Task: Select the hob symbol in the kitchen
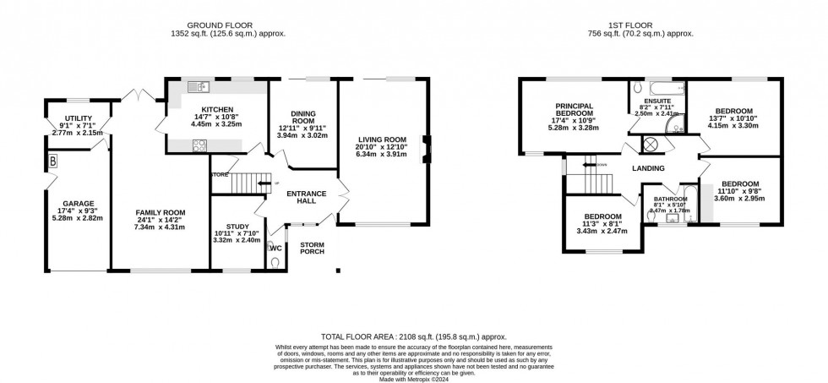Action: point(200,145)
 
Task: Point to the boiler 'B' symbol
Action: point(52,160)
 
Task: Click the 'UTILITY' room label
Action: point(77,119)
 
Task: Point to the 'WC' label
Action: point(276,248)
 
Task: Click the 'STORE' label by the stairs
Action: point(221,175)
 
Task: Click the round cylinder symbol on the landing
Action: point(652,145)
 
